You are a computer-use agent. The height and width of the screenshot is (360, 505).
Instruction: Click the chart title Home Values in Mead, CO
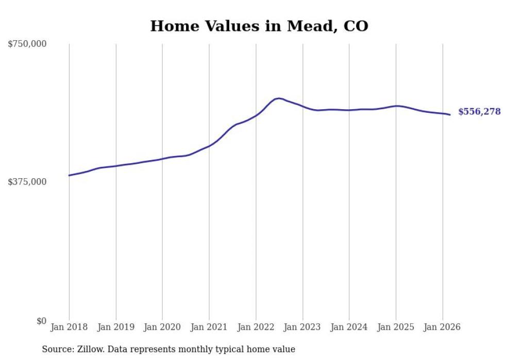pos(259,26)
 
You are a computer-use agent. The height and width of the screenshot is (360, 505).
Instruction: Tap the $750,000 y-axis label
pos(27,44)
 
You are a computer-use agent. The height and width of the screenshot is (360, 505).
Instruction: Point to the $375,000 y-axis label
pos(27,182)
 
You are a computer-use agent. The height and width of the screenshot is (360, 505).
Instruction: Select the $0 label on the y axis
pos(41,321)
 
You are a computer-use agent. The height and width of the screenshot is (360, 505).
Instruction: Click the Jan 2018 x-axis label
pos(69,327)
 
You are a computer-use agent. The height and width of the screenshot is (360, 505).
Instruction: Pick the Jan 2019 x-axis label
pos(116,327)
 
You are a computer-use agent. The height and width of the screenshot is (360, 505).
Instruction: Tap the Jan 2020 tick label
pos(162,327)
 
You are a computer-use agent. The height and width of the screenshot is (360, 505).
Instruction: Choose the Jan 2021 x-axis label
pos(209,327)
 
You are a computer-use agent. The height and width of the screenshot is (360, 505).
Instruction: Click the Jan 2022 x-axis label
pos(256,327)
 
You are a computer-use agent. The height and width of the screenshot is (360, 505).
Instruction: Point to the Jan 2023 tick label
pos(302,327)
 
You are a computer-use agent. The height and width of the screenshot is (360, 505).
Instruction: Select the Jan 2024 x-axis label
pos(349,327)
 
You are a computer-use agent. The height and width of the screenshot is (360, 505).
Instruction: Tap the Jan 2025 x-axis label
pos(396,327)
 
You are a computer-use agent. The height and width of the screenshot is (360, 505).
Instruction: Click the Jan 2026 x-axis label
pos(443,327)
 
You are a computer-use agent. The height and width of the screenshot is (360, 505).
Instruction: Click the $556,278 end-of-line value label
pos(479,112)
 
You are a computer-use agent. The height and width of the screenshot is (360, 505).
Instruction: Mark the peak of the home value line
pos(279,98)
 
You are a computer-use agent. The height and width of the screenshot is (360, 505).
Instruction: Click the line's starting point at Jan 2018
pos(69,176)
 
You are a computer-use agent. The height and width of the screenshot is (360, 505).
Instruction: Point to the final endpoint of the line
pos(450,115)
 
